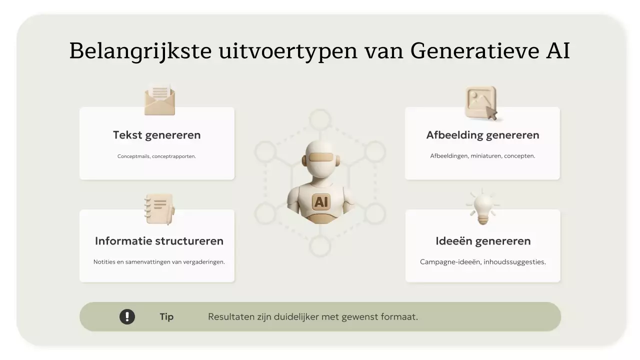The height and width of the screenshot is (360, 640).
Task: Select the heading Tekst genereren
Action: pyautogui.click(x=156, y=135)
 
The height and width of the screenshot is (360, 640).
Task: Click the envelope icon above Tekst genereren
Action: pyautogui.click(x=159, y=99)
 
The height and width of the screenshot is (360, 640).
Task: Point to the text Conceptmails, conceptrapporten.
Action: pyautogui.click(x=156, y=156)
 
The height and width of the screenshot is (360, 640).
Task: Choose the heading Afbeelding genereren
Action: pyautogui.click(x=482, y=135)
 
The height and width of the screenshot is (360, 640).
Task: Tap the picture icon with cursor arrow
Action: pyautogui.click(x=481, y=103)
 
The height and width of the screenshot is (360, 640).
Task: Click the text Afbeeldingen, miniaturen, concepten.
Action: pyautogui.click(x=482, y=156)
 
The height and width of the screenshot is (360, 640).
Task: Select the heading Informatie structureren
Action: pyautogui.click(x=159, y=241)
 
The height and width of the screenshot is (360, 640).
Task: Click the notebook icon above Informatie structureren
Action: pyautogui.click(x=159, y=209)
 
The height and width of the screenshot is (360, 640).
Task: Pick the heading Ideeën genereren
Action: pyautogui.click(x=482, y=241)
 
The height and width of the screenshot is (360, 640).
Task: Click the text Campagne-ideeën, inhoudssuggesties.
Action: pyautogui.click(x=482, y=262)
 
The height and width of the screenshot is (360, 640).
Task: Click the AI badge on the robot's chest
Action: pyautogui.click(x=320, y=202)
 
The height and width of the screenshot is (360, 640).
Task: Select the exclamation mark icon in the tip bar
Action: pyautogui.click(x=127, y=316)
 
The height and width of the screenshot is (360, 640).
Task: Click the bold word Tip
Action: pyautogui.click(x=166, y=317)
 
